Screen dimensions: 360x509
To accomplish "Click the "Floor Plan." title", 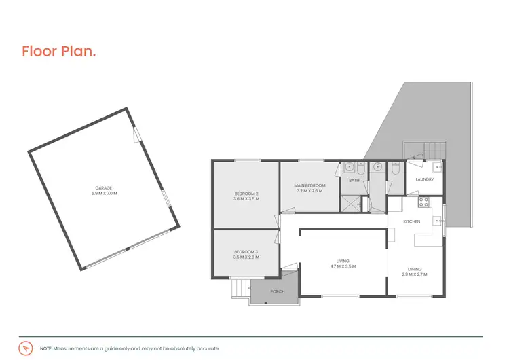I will [58, 52].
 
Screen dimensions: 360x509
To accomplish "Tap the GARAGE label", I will [103, 187].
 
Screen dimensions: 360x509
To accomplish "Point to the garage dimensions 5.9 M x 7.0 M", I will [104, 194].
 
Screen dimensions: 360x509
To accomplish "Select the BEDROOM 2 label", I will [246, 194].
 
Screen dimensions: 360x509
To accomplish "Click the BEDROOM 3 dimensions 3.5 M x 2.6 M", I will [245, 257].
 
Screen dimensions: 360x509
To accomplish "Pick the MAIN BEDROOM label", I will [309, 185].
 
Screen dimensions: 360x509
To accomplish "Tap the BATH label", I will [354, 181].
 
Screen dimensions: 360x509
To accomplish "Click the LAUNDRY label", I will [425, 179].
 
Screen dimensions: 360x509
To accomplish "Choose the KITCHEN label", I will [412, 222].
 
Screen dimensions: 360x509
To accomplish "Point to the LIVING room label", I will [343, 260].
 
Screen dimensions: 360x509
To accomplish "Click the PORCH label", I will [277, 291].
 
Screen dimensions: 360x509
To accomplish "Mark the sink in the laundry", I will [437, 166].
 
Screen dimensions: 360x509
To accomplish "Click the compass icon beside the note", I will [26, 347].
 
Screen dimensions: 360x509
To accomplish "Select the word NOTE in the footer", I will [46, 347].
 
